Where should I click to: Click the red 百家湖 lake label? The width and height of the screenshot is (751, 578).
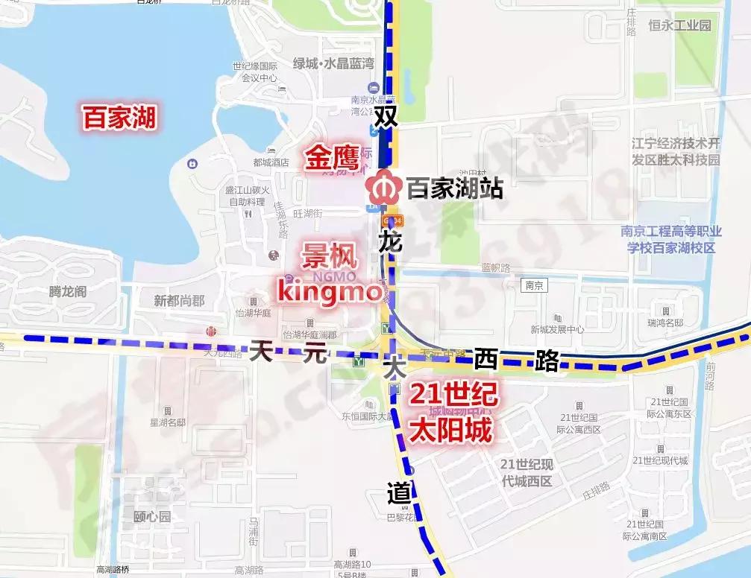[x=119, y=118]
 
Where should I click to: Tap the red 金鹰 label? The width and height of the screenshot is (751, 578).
[x=329, y=159]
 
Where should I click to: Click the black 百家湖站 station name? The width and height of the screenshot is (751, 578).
[x=454, y=188]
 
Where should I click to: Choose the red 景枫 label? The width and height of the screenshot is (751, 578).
[x=329, y=258]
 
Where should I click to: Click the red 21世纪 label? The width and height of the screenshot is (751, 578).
[x=453, y=396]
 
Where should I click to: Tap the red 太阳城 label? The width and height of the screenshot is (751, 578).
[x=453, y=430]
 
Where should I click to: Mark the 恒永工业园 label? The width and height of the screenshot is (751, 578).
[x=679, y=26]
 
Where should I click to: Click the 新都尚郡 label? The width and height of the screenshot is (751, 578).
[x=179, y=301]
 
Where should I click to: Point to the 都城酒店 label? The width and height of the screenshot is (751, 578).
[x=271, y=162]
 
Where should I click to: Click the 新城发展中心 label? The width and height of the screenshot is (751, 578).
[x=557, y=329]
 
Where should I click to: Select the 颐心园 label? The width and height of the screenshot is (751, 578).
[x=152, y=517]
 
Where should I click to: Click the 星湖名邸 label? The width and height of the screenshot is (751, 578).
[x=167, y=423]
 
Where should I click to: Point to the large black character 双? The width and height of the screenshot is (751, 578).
[x=386, y=116]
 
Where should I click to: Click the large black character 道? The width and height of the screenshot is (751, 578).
[x=399, y=492]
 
